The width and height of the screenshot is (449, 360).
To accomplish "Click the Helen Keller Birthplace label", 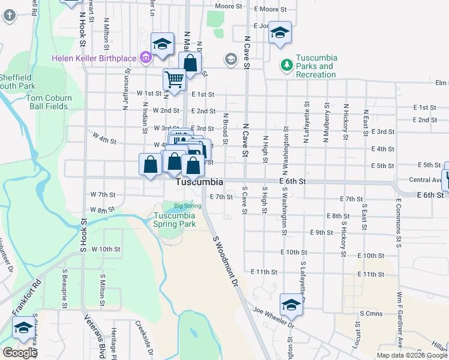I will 95,58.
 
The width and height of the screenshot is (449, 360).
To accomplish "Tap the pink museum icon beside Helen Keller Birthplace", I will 145,58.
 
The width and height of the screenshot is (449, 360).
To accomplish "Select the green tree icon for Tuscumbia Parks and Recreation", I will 287,64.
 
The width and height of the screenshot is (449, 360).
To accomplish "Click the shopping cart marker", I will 174,79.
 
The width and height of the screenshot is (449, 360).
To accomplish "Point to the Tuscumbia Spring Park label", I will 175,220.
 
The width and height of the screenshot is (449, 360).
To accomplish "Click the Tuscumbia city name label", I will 200,182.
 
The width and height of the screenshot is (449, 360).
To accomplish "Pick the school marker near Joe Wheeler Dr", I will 291,304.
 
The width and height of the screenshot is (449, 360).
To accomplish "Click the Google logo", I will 20,353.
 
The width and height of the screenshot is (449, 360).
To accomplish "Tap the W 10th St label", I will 106,248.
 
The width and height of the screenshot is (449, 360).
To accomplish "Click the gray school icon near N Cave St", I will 231,59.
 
